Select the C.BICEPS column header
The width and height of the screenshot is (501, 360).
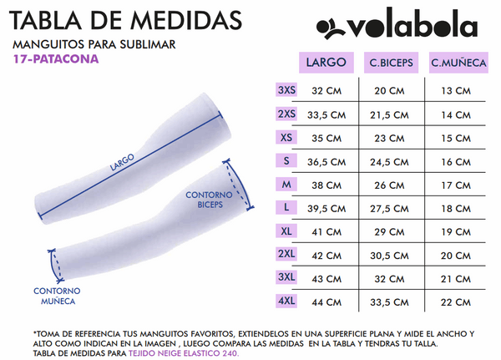click(389, 63)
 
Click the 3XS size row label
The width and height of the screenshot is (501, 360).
click(286, 90)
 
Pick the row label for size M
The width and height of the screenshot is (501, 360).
click(286, 184)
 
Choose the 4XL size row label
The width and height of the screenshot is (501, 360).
click(286, 300)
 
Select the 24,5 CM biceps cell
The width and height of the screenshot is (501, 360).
click(389, 161)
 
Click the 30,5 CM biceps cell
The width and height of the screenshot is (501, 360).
click(389, 255)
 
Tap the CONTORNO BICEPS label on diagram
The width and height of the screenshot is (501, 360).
click(209, 198)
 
